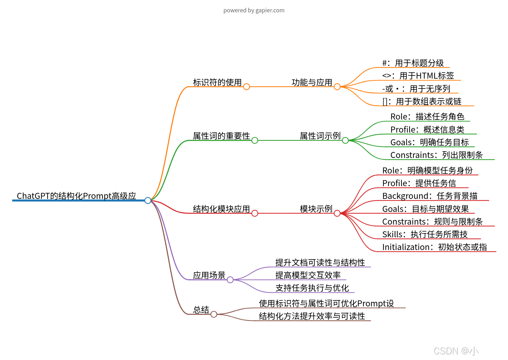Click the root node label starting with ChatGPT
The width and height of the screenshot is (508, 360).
click(x=76, y=196)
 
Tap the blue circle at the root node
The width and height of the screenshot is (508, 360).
click(x=148, y=201)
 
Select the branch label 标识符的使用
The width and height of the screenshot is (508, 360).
click(x=217, y=83)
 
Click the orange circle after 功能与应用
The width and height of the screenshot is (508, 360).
click(x=337, y=87)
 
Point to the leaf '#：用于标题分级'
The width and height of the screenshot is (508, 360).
click(x=413, y=63)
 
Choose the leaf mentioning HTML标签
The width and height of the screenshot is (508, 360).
click(x=418, y=76)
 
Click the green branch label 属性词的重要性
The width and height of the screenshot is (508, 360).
click(x=221, y=136)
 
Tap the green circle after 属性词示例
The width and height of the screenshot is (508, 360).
click(x=345, y=140)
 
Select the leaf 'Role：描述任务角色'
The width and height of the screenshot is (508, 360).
click(x=427, y=117)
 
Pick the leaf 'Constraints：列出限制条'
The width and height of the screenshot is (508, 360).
click(x=436, y=155)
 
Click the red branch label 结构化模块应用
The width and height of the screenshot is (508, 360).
click(x=221, y=209)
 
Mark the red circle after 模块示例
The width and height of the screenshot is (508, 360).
click(x=337, y=213)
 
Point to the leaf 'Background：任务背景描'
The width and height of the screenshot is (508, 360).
click(x=430, y=196)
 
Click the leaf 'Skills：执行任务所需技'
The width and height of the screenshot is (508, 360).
click(x=425, y=234)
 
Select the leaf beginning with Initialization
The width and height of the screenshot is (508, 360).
click(x=434, y=247)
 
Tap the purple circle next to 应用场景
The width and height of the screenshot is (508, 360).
click(x=230, y=280)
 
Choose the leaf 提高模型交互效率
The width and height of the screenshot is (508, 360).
click(x=308, y=275)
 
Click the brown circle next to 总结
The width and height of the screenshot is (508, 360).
click(x=214, y=314)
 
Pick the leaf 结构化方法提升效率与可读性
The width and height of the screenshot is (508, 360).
click(x=312, y=316)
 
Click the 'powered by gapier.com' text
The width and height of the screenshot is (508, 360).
click(x=254, y=11)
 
